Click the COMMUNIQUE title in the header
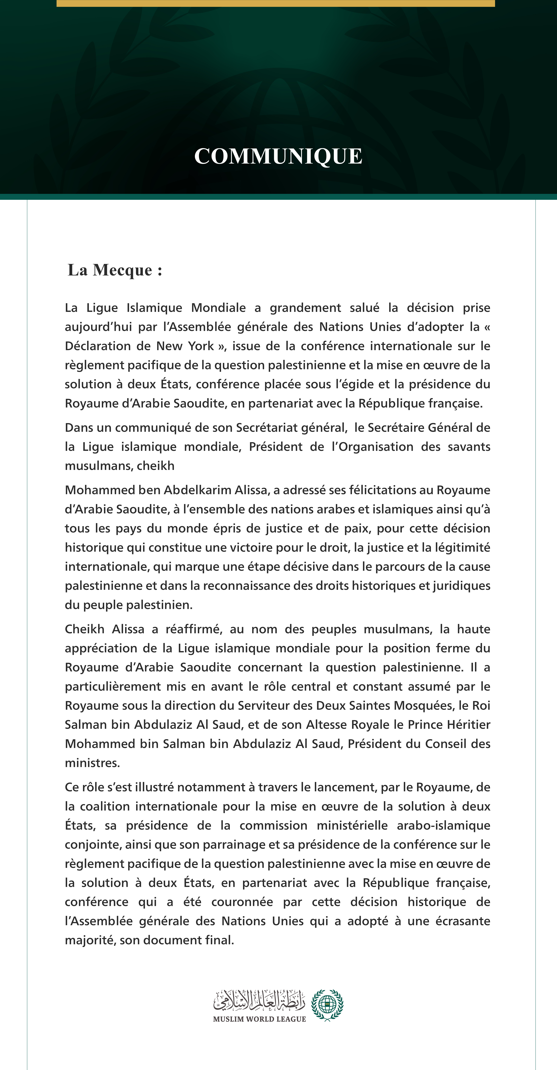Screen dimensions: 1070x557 [278, 157]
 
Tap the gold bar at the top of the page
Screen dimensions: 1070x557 [276, 3]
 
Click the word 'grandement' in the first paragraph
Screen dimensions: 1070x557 [305, 308]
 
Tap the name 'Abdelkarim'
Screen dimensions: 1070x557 [198, 490]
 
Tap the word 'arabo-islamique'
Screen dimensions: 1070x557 [443, 825]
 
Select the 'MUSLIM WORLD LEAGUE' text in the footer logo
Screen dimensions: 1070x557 [259, 1019]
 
